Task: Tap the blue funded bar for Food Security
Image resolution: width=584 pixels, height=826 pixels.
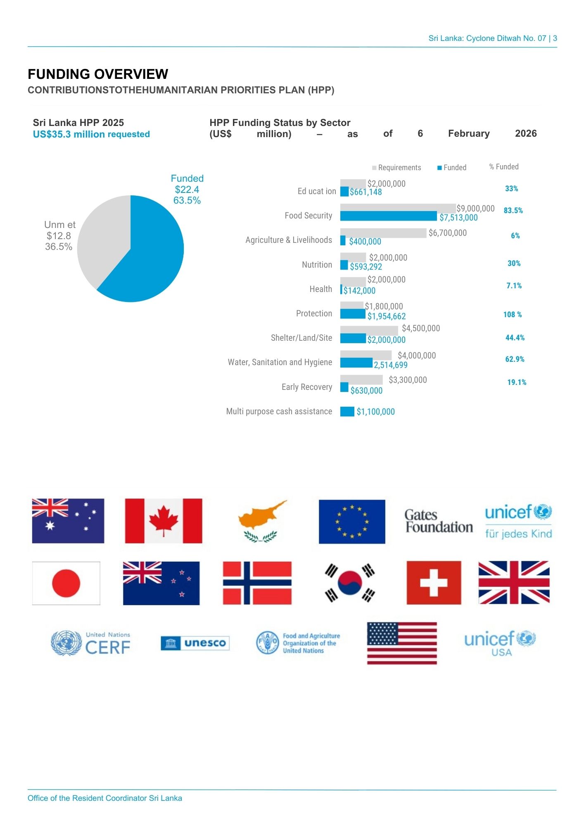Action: coord(388,216)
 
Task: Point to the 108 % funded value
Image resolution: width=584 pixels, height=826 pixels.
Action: coord(512,315)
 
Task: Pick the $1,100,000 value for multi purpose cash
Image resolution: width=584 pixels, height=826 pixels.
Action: coord(375,412)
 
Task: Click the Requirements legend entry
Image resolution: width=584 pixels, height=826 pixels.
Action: coord(396,168)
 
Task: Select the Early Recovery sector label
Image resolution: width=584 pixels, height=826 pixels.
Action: coord(306,387)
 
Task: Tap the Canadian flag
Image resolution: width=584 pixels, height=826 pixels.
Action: coord(164,521)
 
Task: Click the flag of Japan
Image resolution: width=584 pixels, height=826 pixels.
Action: coord(66,583)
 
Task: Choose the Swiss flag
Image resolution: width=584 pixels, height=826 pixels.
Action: coord(434,583)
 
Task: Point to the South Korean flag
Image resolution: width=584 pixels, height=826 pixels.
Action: coord(350,583)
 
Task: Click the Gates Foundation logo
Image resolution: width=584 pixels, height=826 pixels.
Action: coord(439,521)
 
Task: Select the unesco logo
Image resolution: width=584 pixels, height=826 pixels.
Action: coord(195,643)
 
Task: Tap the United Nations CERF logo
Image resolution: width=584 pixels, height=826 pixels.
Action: coord(90,643)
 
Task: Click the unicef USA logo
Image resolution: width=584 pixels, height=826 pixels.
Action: coord(500,643)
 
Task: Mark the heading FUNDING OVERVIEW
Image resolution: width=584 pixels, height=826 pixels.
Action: coord(98,74)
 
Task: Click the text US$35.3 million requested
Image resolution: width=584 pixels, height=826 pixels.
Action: coord(91,134)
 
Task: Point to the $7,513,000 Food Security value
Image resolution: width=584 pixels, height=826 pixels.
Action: coord(458,218)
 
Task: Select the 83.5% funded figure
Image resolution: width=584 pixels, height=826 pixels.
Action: coord(513,211)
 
